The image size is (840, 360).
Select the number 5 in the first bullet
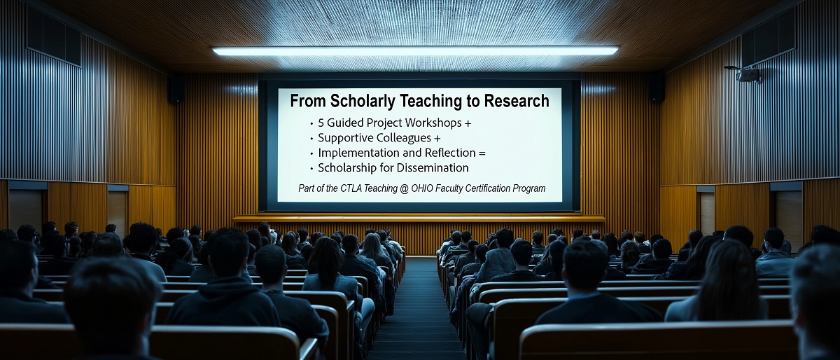click(x=321, y=123)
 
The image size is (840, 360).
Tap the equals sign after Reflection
click(x=481, y=153)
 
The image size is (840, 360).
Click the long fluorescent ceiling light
click(x=415, y=51)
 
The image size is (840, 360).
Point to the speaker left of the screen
click(x=176, y=90)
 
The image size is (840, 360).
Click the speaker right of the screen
click(x=656, y=88)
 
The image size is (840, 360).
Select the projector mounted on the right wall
click(x=748, y=74)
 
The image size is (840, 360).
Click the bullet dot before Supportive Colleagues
click(x=311, y=139)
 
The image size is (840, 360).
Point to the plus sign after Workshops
click(x=468, y=123)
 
